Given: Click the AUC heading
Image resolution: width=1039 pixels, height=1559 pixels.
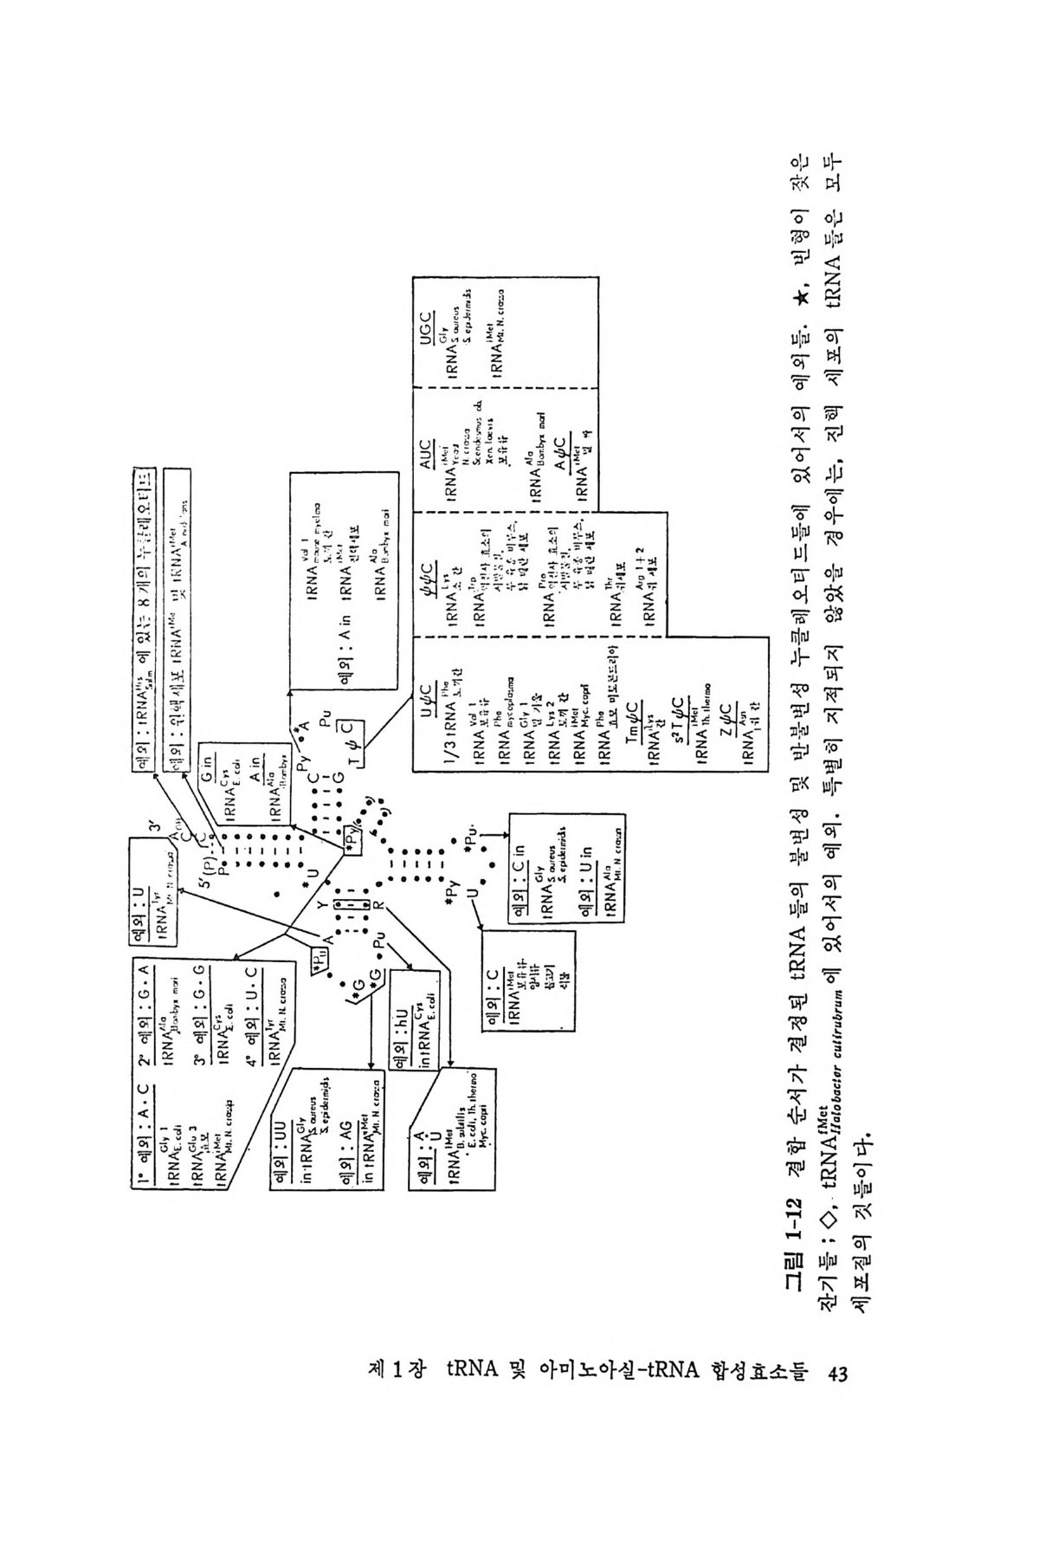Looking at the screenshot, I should pos(428,449).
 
